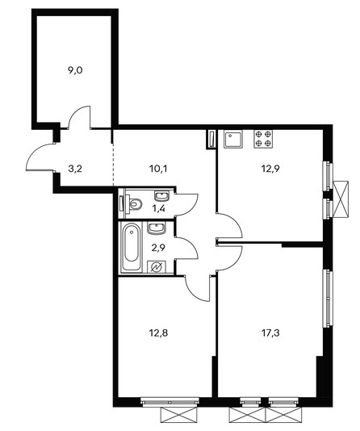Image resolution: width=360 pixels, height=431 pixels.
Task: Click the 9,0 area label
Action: (x=75, y=71)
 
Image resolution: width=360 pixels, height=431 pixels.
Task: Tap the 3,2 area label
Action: (x=75, y=169)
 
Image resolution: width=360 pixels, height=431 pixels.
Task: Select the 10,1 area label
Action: (x=158, y=169)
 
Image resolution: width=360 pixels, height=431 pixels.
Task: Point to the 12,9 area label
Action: (x=270, y=169)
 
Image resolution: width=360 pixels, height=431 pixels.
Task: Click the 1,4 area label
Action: (x=158, y=209)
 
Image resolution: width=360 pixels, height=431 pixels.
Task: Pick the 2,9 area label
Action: (x=158, y=248)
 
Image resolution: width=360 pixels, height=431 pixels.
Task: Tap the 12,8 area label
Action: (x=158, y=333)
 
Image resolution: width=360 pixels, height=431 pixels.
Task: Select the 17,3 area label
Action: (x=270, y=333)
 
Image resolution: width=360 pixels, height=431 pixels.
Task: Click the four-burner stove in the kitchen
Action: (x=263, y=139)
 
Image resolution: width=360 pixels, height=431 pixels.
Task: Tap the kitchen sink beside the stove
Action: (x=233, y=139)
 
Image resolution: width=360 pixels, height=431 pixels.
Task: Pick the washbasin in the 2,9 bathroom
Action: (x=157, y=228)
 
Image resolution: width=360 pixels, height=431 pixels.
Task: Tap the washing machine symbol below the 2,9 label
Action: (x=157, y=266)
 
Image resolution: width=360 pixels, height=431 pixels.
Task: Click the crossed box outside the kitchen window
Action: (x=341, y=199)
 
